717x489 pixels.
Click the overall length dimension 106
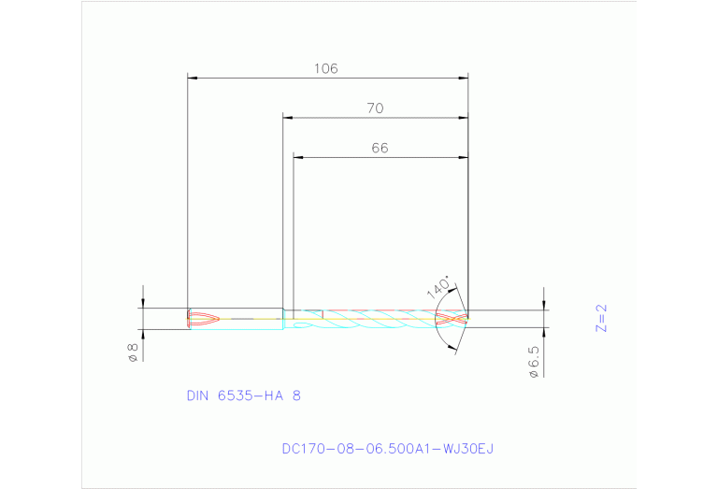325,68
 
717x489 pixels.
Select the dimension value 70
374,108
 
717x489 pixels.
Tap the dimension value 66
379,148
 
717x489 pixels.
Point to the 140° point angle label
438,285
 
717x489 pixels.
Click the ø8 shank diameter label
133,352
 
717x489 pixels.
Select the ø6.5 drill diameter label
534,362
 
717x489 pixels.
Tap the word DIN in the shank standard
197,396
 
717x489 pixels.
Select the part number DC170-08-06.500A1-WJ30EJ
387,449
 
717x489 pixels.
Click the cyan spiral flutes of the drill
374,319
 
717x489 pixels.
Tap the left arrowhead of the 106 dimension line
193,78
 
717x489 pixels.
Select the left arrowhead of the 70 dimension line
288,118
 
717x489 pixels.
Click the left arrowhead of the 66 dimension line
298,157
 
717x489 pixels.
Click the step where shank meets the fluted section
283,319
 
